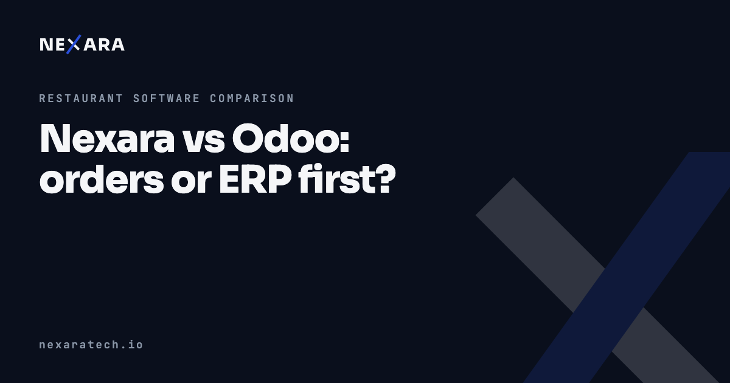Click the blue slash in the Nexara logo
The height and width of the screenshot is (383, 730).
point(74,44)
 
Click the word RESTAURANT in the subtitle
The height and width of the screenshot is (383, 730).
point(81,98)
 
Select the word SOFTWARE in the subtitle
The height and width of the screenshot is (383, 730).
point(166,98)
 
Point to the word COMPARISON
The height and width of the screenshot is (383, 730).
point(252,98)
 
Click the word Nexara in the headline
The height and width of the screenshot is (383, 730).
point(107,139)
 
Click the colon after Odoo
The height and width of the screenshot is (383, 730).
point(345,143)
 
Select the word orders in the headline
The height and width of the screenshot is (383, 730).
point(102,180)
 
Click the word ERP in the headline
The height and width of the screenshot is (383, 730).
point(255,180)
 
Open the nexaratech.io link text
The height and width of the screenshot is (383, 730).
point(91,344)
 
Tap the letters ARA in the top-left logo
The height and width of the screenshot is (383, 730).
point(104,44)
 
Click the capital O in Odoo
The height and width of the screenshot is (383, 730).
point(248,138)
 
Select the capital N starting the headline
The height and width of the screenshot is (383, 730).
point(55,139)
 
